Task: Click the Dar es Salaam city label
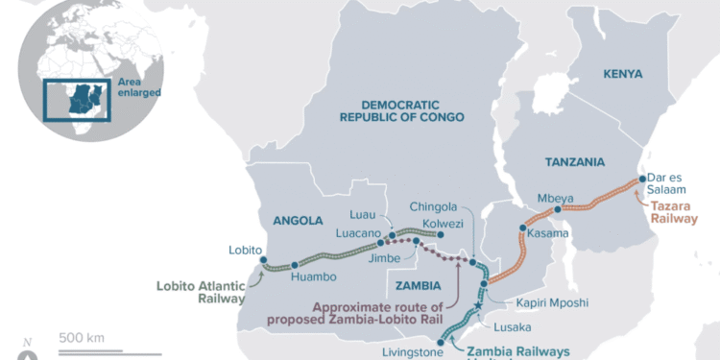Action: (672, 186)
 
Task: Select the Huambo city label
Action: (311, 278)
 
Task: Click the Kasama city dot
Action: (523, 229)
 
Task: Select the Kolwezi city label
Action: (443, 224)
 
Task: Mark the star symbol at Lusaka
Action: (478, 306)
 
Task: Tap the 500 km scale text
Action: (82, 337)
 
